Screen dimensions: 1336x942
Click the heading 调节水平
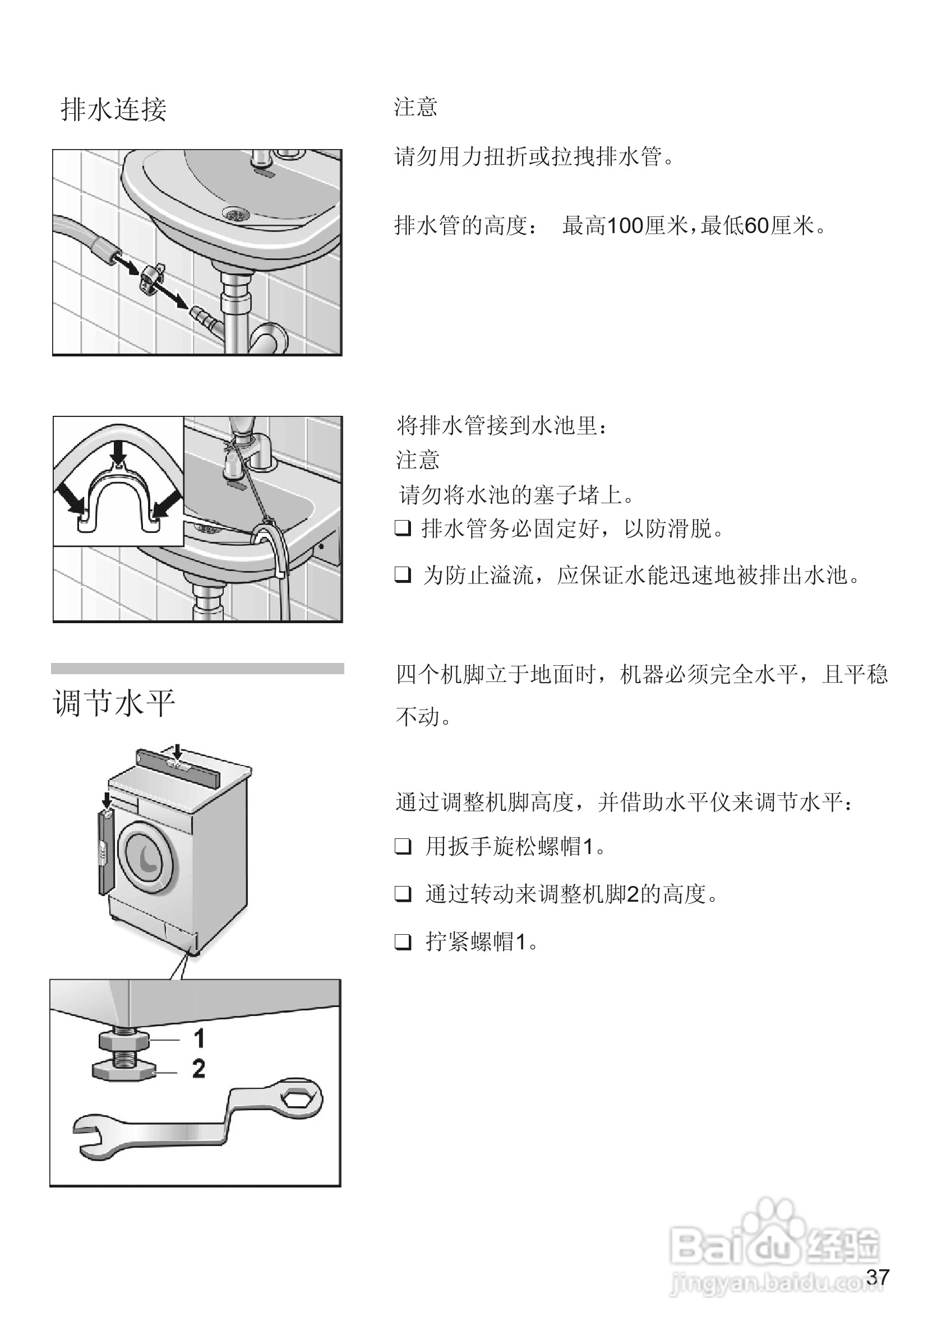[114, 703]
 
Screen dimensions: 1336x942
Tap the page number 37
[878, 1277]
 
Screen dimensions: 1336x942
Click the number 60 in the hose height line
[757, 226]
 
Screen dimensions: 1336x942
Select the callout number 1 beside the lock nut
[199, 1038]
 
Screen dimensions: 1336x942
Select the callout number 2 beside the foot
[198, 1068]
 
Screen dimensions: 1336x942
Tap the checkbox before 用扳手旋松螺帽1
[403, 847]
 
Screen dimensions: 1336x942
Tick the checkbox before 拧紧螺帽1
[403, 941]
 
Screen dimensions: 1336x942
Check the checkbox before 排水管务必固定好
[403, 528]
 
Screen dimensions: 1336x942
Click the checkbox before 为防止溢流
[403, 575]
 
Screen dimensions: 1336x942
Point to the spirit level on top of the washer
[178, 767]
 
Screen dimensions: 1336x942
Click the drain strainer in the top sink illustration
[237, 215]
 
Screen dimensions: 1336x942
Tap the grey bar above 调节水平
[197, 668]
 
